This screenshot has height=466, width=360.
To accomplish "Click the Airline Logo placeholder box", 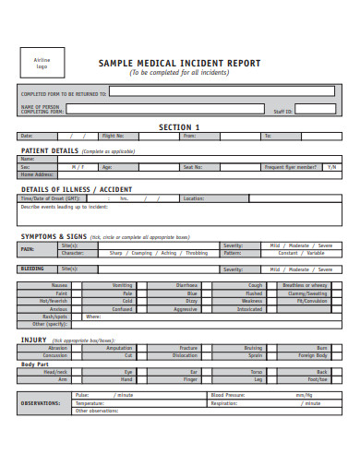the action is coord(42,64).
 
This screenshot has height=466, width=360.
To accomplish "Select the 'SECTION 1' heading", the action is coord(179,126).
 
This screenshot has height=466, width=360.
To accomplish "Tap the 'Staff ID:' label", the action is coord(282,111).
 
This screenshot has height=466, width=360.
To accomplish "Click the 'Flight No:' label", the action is coord(113,137).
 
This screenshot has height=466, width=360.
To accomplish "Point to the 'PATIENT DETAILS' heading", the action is coord(50,149).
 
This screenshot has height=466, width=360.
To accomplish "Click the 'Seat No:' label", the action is coord(192,167).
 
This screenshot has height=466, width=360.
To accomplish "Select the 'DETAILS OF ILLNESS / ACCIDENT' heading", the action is coord(77,189).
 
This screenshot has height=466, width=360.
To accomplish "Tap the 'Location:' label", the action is coord(194,198).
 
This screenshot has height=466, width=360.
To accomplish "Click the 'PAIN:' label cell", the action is coord(28,249).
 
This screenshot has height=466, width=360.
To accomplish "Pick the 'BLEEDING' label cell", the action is coord(31,269).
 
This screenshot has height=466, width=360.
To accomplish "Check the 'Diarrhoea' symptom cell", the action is coord(186,286).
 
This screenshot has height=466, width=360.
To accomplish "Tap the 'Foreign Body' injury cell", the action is coord(313,355).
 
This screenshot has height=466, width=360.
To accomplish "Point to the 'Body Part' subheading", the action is coord(35,364).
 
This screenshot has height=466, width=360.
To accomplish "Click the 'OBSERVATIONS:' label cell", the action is coord(42,403).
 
